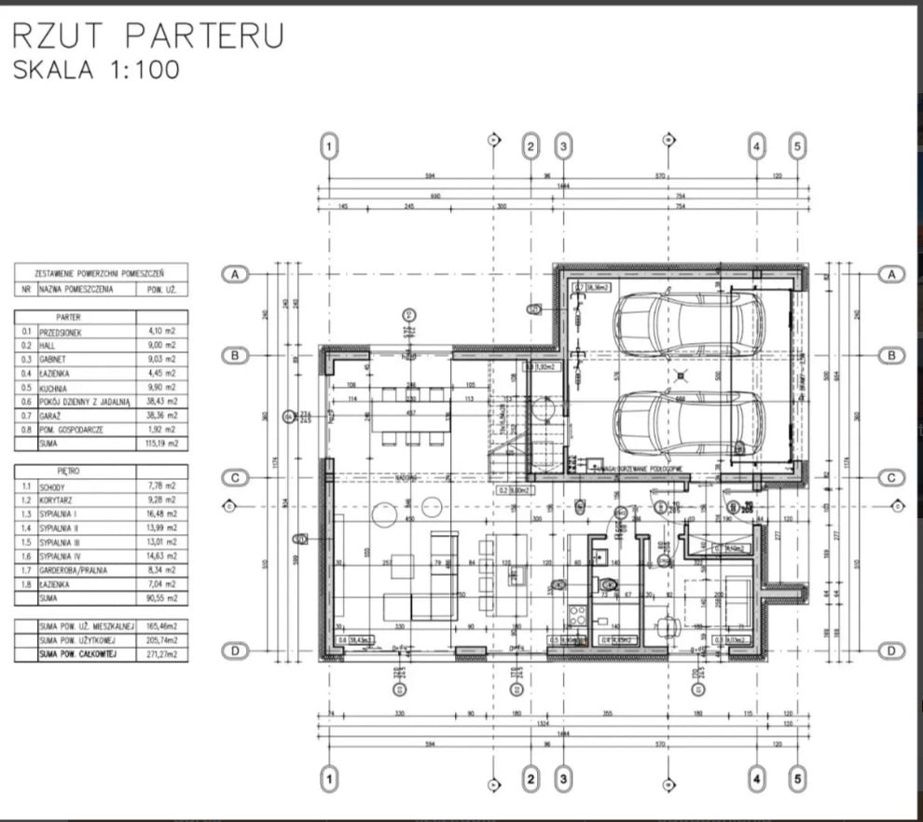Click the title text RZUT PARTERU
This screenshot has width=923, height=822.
coord(147,35)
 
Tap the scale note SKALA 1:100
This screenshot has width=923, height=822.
coord(96,70)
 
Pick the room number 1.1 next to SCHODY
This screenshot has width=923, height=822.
coord(27,486)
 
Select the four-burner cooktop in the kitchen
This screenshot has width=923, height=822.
coord(574,616)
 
